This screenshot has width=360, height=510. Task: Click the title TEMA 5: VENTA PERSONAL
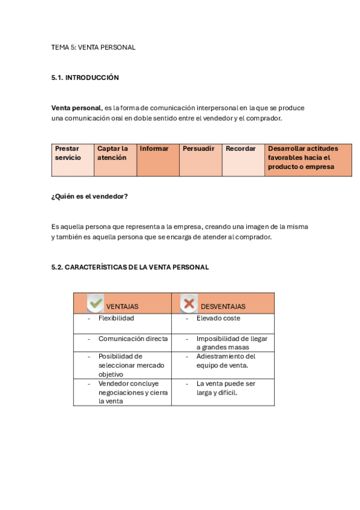click(93, 48)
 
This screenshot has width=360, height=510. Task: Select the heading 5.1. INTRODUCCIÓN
click(85, 78)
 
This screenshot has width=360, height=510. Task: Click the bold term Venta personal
click(76, 108)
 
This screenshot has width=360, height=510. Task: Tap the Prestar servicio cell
click(73, 159)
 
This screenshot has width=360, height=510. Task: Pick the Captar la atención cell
click(115, 159)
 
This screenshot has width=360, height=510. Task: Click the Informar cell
click(157, 159)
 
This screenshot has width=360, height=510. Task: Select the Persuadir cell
click(200, 159)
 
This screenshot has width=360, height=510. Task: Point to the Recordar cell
click(243, 159)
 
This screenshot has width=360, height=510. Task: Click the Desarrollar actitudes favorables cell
click(308, 159)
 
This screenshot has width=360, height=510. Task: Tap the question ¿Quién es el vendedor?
click(90, 197)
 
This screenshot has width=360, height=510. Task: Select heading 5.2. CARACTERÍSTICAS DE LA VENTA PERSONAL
click(130, 267)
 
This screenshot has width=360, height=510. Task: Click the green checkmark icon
click(96, 303)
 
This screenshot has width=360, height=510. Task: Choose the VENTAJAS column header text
click(122, 307)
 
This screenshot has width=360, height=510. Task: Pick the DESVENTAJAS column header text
click(223, 307)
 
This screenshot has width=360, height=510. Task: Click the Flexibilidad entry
click(116, 318)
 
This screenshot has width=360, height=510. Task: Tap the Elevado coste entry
click(218, 318)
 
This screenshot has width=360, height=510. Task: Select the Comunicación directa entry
click(133, 339)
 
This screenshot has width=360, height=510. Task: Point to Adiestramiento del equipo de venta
click(226, 360)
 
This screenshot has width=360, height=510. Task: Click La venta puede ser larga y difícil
click(225, 388)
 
